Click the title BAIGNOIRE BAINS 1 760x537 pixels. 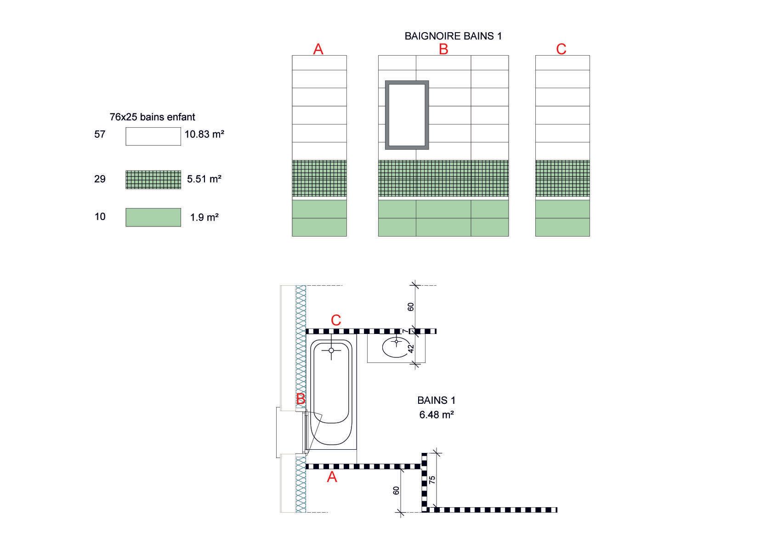[453, 36]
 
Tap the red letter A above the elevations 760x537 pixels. [318, 49]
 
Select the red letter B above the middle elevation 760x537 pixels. [443, 49]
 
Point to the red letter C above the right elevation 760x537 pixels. [561, 49]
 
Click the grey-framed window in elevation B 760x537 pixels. [407, 115]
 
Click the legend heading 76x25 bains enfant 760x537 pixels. [152, 117]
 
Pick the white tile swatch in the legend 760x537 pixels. [153, 136]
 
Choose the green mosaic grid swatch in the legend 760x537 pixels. [153, 180]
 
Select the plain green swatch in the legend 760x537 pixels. [153, 217]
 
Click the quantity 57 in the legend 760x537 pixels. [100, 135]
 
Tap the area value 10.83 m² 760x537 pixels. [204, 135]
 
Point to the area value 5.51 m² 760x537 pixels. [204, 179]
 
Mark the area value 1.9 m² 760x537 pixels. [204, 217]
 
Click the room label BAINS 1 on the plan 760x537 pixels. [436, 400]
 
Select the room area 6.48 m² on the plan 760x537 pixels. [436, 415]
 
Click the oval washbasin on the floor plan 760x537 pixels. [395, 347]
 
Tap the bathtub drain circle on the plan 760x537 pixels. [331, 350]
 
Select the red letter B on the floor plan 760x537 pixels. [301, 399]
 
